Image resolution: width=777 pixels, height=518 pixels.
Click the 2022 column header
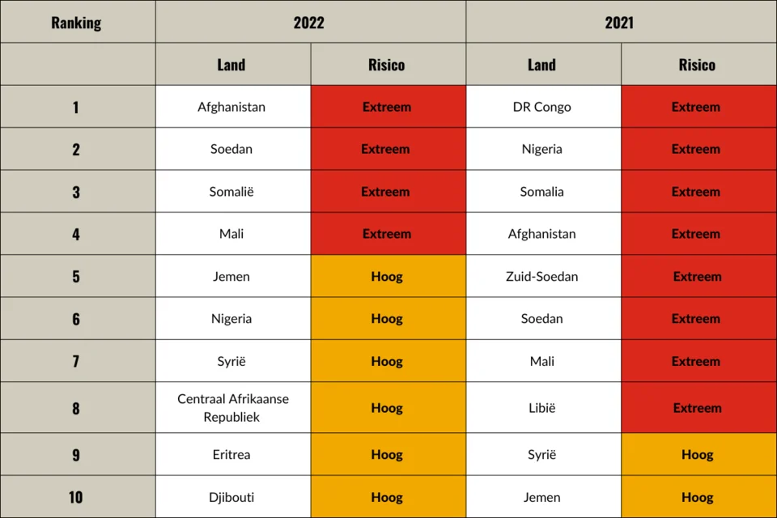(x=309, y=22)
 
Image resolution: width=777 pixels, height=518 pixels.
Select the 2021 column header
(x=620, y=22)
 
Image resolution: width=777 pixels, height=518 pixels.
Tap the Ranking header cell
(x=77, y=22)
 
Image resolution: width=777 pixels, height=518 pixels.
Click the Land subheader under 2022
(x=231, y=65)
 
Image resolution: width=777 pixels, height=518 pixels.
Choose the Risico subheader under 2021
(x=697, y=65)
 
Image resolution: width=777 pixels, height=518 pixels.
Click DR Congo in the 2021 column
(x=542, y=107)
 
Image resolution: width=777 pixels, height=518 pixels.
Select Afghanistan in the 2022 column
(x=231, y=107)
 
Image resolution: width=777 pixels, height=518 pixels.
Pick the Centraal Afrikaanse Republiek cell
(x=233, y=408)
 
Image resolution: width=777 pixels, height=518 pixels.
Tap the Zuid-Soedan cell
(x=542, y=277)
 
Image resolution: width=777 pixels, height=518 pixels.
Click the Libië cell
(x=542, y=408)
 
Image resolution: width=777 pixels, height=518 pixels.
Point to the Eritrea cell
(x=231, y=455)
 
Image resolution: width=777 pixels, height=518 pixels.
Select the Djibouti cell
(x=231, y=497)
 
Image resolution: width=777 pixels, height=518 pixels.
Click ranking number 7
(x=76, y=361)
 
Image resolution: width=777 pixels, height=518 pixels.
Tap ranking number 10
(x=76, y=497)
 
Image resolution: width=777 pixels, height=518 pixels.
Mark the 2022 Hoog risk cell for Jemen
(x=387, y=277)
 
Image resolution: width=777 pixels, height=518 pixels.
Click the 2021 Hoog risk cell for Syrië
(x=697, y=455)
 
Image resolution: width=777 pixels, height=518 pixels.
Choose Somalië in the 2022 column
(x=231, y=192)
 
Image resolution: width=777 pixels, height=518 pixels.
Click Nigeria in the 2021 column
(x=542, y=149)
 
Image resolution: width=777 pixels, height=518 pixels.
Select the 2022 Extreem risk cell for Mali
(x=387, y=234)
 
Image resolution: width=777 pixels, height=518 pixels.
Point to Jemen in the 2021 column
(x=542, y=497)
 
